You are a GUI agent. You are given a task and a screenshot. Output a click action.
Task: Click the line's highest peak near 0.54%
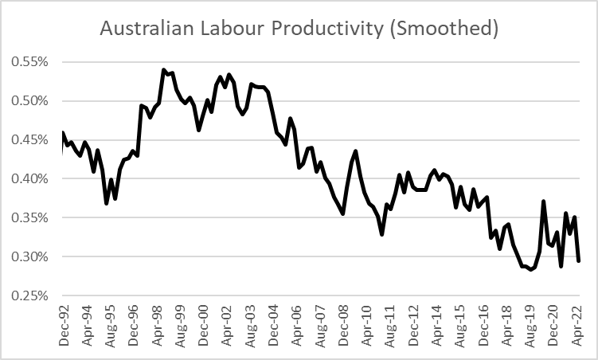(163, 70)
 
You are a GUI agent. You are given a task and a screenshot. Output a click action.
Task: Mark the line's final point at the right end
(579, 261)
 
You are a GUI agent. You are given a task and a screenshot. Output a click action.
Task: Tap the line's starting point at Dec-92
(62, 133)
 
